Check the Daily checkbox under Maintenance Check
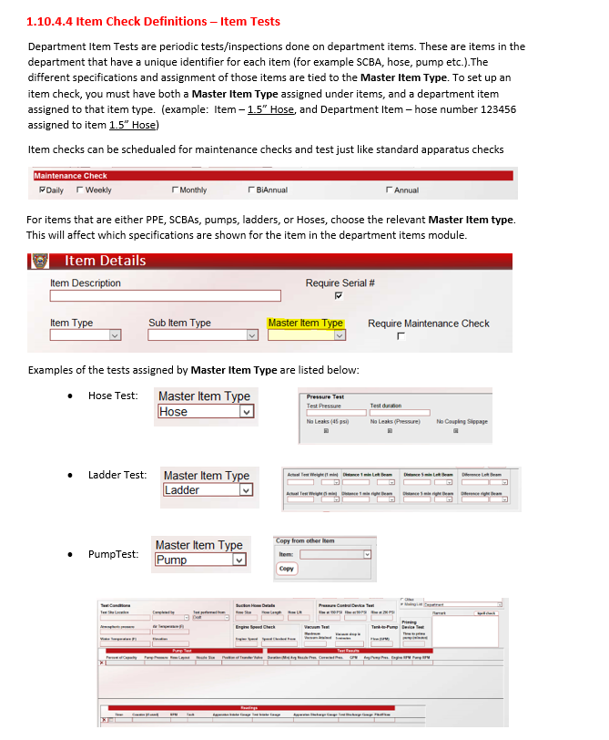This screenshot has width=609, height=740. tap(43, 190)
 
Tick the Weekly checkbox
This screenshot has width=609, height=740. tap(80, 190)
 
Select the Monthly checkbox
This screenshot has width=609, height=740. tap(175, 190)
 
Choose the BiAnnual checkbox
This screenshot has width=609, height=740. tap(250, 190)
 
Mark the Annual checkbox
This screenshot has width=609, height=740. tap(389, 190)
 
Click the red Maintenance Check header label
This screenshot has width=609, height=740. tap(71, 176)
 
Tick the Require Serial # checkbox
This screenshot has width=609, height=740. tap(339, 295)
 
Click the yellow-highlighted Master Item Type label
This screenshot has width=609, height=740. tap(306, 323)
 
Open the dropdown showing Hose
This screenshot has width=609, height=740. tap(245, 412)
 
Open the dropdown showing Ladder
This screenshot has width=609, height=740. tap(245, 490)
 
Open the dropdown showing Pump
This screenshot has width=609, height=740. tap(239, 560)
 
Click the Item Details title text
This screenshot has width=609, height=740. tap(106, 261)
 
